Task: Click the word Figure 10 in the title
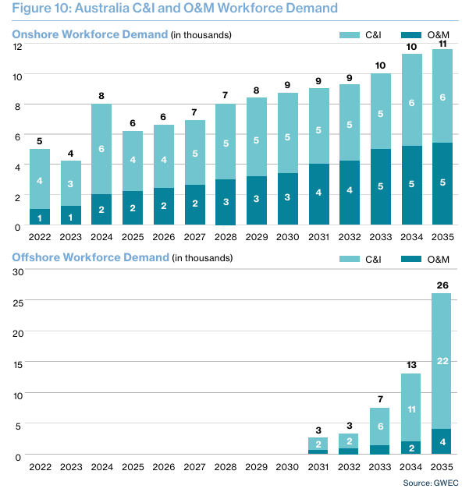tap(37, 9)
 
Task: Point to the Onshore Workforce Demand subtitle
tap(90, 35)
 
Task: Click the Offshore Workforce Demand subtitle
tap(91, 258)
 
